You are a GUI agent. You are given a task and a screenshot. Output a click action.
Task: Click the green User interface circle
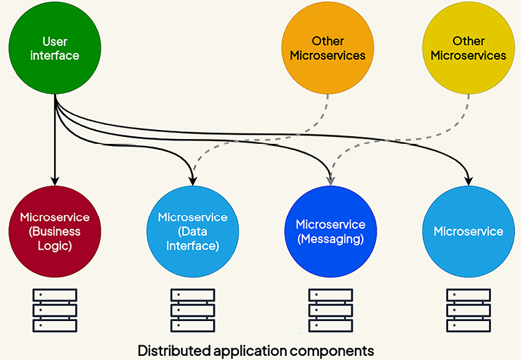(x=55, y=48)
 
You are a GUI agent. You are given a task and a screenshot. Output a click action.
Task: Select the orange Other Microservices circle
(x=328, y=48)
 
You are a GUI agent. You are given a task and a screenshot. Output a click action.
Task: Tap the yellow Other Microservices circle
(x=468, y=48)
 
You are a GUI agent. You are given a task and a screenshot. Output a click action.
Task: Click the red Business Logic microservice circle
(x=55, y=231)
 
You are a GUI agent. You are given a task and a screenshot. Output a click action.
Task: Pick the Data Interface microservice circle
(x=192, y=231)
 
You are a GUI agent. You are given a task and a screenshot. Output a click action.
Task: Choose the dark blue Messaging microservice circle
(x=330, y=231)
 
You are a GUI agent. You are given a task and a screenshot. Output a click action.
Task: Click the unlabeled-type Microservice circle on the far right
(x=468, y=231)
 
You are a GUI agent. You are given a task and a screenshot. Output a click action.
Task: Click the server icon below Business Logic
(x=55, y=310)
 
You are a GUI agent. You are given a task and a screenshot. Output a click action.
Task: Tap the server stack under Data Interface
(x=192, y=310)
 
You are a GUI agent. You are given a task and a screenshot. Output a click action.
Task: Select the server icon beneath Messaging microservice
(x=330, y=310)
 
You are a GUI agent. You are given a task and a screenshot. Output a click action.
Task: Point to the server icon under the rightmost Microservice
(x=468, y=310)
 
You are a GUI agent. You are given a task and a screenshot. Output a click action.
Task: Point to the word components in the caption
(x=340, y=349)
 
